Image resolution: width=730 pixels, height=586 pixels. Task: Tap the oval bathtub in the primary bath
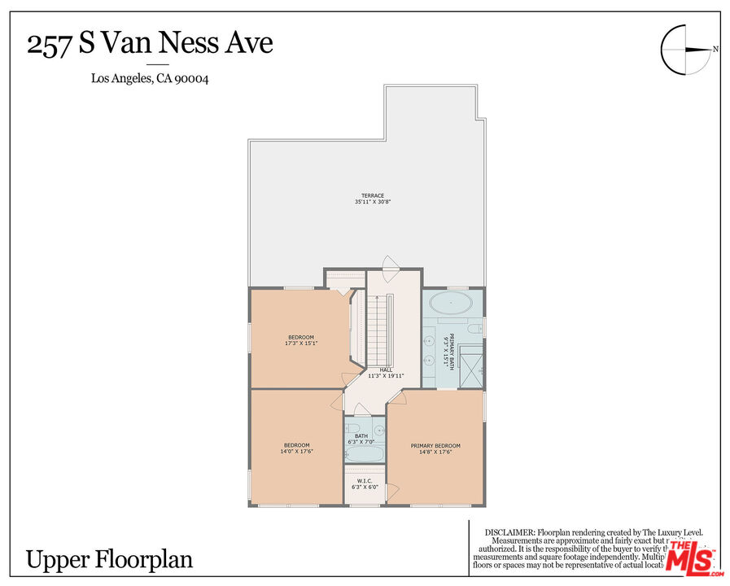click(x=450, y=305)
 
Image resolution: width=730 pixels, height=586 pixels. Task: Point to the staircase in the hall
click(x=378, y=330)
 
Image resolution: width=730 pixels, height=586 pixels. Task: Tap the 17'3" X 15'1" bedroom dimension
click(x=300, y=343)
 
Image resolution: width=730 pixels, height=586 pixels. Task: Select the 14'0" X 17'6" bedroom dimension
click(x=296, y=451)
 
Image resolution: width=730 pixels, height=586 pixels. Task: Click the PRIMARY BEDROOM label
click(x=435, y=445)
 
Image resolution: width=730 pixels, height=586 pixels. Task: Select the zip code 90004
click(x=195, y=79)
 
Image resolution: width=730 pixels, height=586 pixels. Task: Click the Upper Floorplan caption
click(x=109, y=560)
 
